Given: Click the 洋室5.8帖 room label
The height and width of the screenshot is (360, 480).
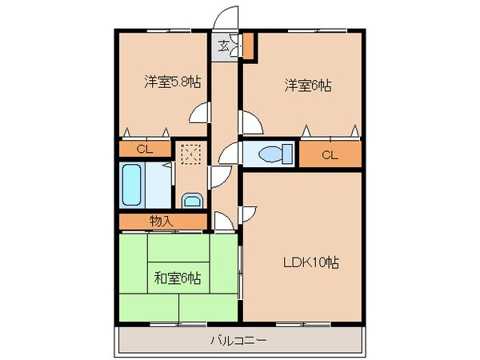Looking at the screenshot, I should click(x=172, y=82).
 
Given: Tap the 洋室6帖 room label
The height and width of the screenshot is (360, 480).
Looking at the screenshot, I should click(x=306, y=85).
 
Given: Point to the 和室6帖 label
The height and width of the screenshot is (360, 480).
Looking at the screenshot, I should click(x=177, y=278).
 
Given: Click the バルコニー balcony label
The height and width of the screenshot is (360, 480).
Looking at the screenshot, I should click(x=238, y=340).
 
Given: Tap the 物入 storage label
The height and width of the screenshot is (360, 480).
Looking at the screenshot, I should click(x=161, y=221).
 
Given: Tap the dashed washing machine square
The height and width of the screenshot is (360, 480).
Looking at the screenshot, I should click(x=190, y=153).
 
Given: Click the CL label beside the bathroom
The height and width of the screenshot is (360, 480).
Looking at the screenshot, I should click(x=145, y=149).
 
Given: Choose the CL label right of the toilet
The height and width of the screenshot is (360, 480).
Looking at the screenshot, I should click(x=330, y=154).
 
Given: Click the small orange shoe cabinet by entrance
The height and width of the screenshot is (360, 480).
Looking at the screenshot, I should click(x=249, y=46).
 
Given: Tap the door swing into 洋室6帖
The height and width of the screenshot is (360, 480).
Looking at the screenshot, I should click(x=250, y=123).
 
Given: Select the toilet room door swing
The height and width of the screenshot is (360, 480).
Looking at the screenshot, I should click(x=229, y=154).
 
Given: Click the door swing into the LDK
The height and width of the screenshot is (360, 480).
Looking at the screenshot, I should click(x=247, y=213).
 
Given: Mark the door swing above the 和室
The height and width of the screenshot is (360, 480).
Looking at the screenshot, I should click(x=224, y=219).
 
